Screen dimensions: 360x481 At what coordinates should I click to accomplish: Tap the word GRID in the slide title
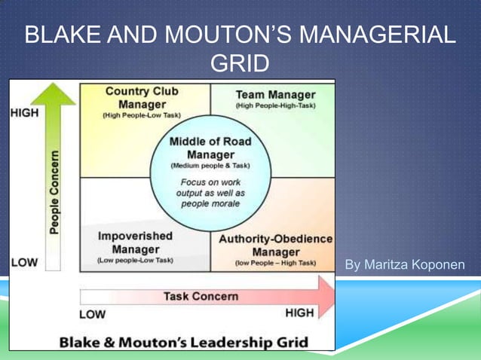point(239,64)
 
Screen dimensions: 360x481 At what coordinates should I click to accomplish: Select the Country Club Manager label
point(142,98)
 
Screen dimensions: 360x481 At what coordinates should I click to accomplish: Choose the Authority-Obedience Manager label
point(275,245)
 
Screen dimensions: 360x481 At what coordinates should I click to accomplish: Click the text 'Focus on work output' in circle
point(211,188)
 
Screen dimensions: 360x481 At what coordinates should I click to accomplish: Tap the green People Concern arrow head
point(54,94)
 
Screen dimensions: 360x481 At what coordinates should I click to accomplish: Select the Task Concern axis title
point(201,296)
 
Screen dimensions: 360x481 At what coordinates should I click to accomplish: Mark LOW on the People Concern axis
point(24,263)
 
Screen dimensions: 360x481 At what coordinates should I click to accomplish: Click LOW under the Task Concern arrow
point(93,313)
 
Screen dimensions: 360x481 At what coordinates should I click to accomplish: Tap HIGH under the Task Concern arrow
point(299,313)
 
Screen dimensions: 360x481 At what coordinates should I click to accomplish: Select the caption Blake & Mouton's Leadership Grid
point(184,342)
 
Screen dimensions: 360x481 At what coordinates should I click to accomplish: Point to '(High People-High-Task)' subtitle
point(275,106)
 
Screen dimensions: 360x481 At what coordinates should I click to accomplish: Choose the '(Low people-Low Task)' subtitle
point(136,261)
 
